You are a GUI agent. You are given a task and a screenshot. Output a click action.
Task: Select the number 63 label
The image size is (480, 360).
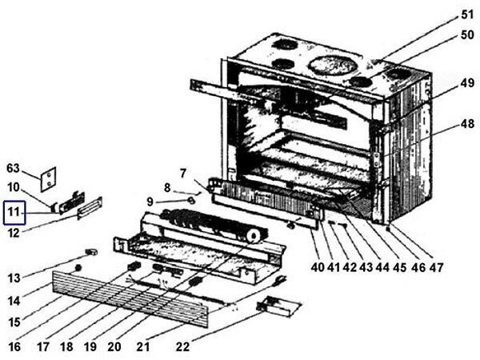click(13, 169)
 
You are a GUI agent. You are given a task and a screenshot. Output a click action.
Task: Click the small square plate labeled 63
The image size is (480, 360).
click(49, 176)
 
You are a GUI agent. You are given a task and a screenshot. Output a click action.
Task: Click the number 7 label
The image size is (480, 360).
click(183, 173)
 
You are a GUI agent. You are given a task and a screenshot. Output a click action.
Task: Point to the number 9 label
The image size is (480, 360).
click(150, 201)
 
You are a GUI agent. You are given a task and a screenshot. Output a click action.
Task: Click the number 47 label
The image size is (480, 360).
click(436, 267)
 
